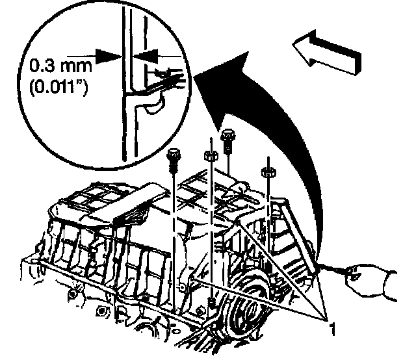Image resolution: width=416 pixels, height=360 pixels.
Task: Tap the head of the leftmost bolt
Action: (x=172, y=157)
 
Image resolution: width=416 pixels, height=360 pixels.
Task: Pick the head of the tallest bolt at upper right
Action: (x=227, y=136)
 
